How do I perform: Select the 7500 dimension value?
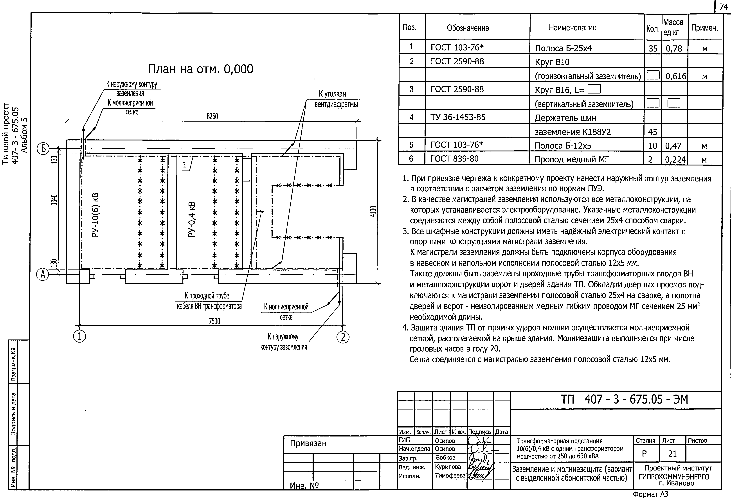pyautogui.click(x=214, y=321)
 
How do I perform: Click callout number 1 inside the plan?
pyautogui.click(x=185, y=165)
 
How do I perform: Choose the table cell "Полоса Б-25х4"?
pyautogui.click(x=563, y=48)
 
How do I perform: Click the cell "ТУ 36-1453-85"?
pyautogui.click(x=458, y=117)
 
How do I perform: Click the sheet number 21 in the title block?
pyautogui.click(x=672, y=454)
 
